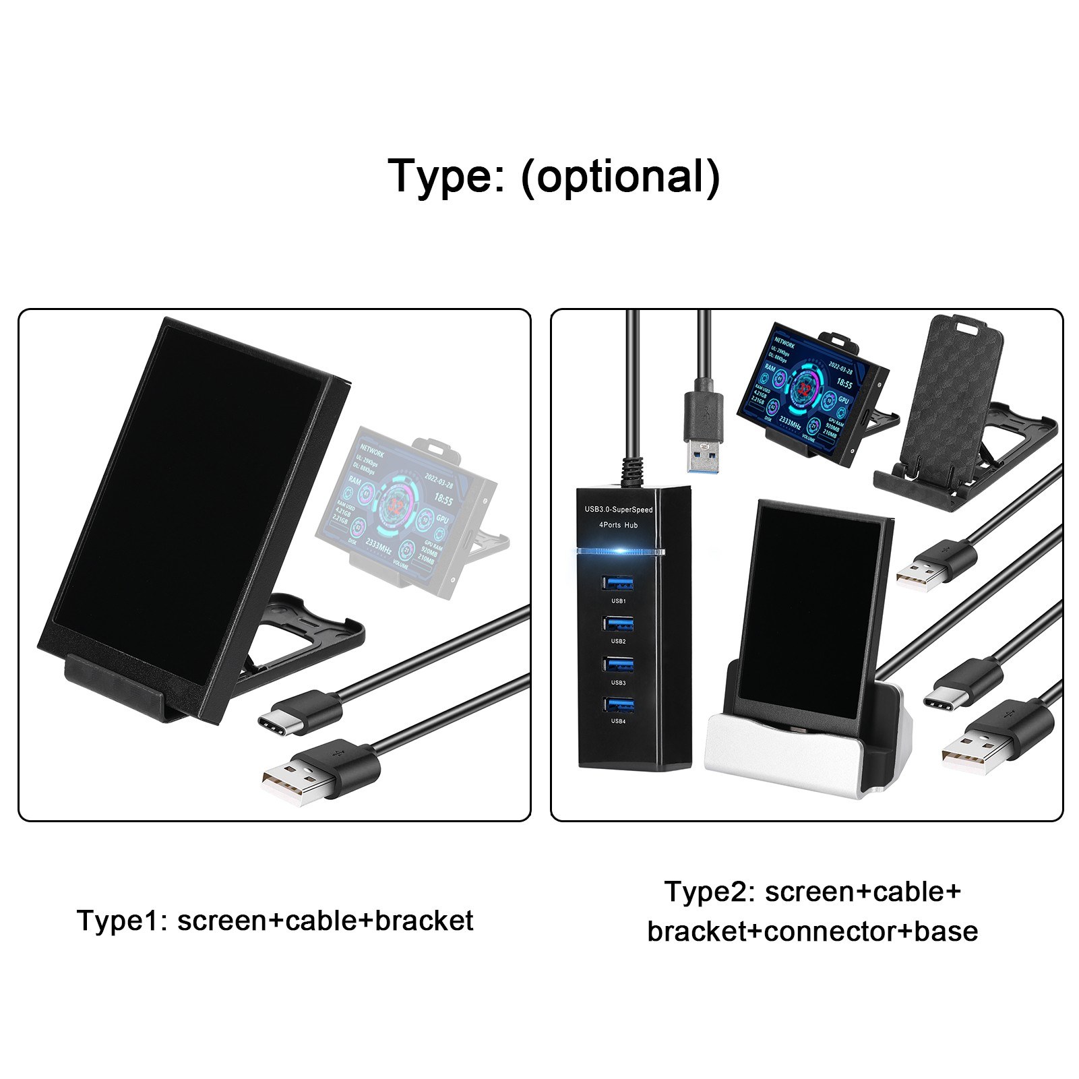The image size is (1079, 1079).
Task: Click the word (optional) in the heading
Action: point(621,177)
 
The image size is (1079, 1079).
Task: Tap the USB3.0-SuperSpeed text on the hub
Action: point(619,510)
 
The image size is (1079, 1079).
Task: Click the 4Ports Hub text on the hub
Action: point(619,525)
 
